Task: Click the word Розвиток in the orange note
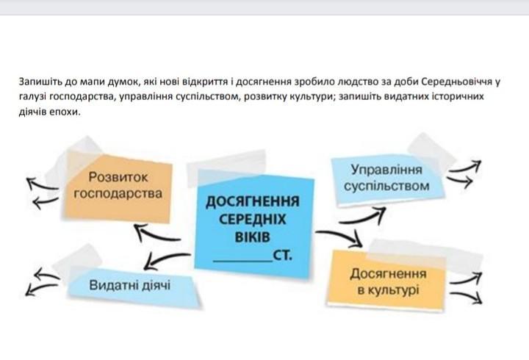[x=118, y=177]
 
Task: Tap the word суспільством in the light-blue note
[x=386, y=186]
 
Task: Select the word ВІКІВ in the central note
[x=252, y=239]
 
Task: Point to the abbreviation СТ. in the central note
[x=282, y=256]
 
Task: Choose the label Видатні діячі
[x=129, y=284]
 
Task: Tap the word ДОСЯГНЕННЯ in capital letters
[x=252, y=202]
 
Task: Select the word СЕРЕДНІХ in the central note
[x=252, y=220]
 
